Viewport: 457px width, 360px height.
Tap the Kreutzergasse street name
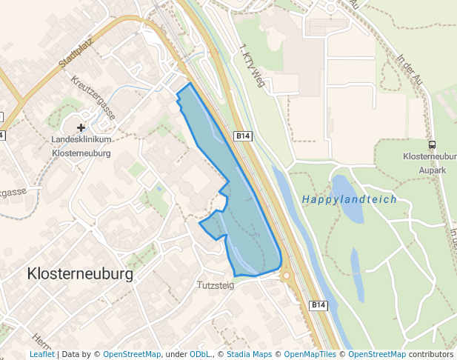(94, 97)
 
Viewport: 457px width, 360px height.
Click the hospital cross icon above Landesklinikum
(81, 128)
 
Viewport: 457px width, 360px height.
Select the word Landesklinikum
(81, 140)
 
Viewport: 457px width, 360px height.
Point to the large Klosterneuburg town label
(80, 274)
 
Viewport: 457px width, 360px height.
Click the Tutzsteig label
(216, 284)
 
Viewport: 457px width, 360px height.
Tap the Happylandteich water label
(349, 199)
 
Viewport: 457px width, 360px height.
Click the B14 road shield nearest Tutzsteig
(318, 305)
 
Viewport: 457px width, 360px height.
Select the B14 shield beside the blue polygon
(243, 136)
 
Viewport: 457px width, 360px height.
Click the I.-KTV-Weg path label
(253, 66)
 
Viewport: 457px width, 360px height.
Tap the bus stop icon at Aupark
(432, 144)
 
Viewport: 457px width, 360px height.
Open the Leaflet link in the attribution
(41, 355)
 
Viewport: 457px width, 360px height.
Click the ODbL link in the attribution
(200, 355)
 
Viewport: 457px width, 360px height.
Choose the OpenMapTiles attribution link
(310, 355)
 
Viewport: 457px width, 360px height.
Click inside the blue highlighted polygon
(244, 222)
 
